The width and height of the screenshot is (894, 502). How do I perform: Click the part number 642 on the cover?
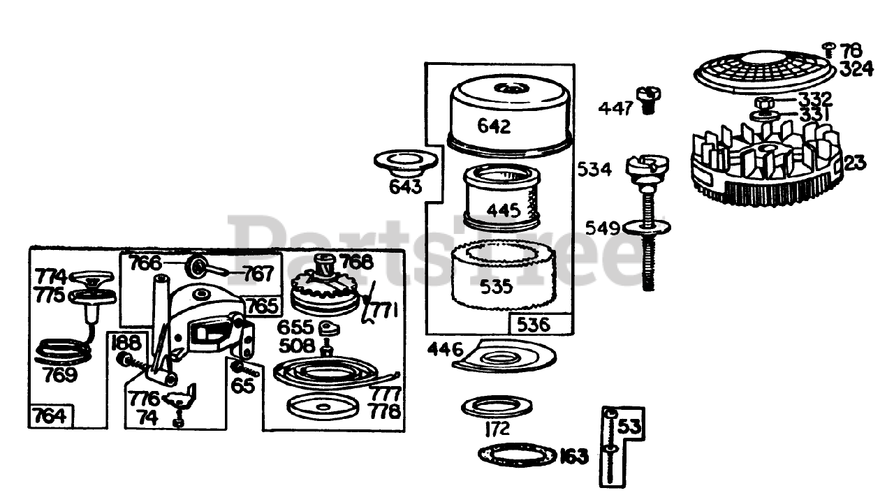494,126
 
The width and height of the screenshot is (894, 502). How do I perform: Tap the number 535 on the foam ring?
496,286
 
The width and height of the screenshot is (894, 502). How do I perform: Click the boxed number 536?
534,324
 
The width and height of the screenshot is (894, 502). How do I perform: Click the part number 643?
406,187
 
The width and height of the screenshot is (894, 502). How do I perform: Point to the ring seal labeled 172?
496,406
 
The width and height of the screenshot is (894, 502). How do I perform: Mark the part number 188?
126,342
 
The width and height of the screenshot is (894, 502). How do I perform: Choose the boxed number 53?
628,426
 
